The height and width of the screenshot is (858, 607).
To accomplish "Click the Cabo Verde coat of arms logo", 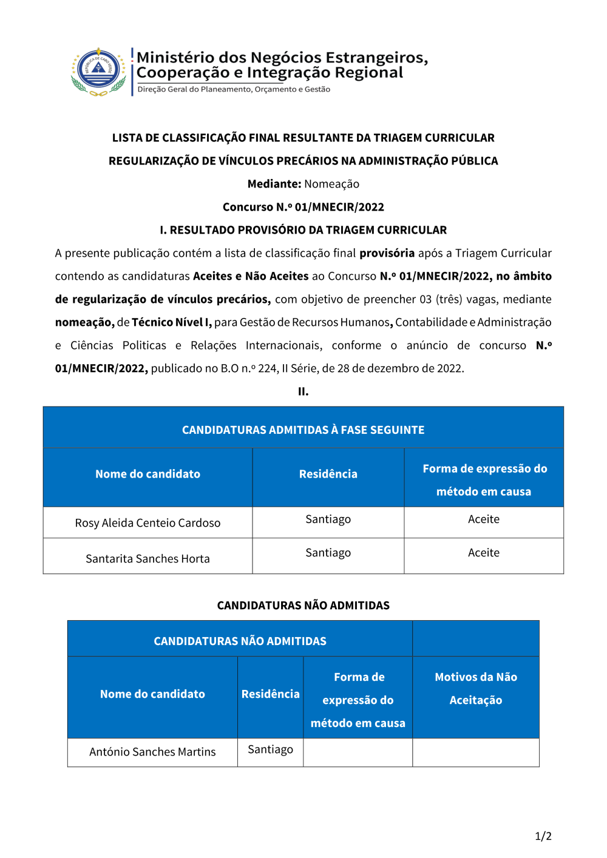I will pos(99,72).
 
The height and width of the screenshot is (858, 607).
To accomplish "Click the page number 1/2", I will pos(543,836).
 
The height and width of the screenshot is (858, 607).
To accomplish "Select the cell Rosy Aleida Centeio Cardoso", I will pos(148,523).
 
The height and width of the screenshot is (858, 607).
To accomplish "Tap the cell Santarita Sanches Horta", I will pos(148,559).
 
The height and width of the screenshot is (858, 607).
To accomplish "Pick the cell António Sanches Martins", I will pos(152,752).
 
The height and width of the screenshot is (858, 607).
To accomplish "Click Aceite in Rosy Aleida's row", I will pos(484,519).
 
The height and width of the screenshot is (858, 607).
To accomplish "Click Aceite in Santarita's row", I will pos(484,553).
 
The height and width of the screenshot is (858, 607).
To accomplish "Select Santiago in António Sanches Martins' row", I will pos(270,749).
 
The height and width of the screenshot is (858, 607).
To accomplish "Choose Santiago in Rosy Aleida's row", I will pos(328,519).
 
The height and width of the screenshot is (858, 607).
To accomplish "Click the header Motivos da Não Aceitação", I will pos(476,689).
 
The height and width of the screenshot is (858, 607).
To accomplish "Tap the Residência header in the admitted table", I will pos(328,474).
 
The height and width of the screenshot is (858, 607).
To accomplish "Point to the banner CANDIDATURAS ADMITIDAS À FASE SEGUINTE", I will pos(303,430).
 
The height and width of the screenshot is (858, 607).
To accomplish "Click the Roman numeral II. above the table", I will pos(303,391).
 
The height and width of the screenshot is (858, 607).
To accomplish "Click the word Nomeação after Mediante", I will pos(331,184).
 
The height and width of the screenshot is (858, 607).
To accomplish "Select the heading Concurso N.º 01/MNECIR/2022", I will pos(303,207).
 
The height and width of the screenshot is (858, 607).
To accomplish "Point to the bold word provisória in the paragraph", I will pos(387,253).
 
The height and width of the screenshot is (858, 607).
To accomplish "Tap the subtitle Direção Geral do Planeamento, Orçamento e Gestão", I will pos(234,89).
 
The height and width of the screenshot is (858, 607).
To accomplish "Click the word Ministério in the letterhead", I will pos(175,58).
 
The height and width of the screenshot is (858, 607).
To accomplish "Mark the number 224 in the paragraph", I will pos(266,368).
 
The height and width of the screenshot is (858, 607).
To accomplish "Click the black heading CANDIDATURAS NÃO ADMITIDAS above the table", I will pos(303,606).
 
